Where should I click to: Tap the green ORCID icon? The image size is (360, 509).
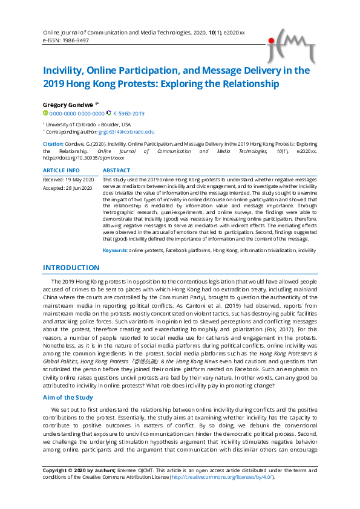[x=45, y=113]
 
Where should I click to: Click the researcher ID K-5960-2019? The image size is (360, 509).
[x=129, y=113]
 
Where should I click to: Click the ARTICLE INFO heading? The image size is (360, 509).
[x=61, y=171]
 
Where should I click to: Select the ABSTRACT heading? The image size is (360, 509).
[x=117, y=171]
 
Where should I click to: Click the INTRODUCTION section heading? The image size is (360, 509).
[x=71, y=268]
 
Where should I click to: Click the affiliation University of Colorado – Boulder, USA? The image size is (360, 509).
[x=88, y=124]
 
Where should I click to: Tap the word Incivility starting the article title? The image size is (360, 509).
[x=65, y=71]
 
